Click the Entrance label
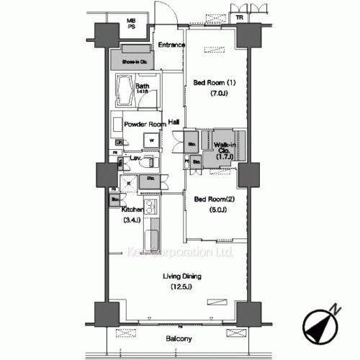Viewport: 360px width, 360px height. (172, 45)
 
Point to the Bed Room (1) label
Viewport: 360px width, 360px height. (215, 82)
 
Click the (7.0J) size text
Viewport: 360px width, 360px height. (220, 94)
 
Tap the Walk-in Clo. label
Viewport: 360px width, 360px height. (224, 148)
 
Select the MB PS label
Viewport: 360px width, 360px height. (132, 24)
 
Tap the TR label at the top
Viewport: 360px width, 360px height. (238, 18)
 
